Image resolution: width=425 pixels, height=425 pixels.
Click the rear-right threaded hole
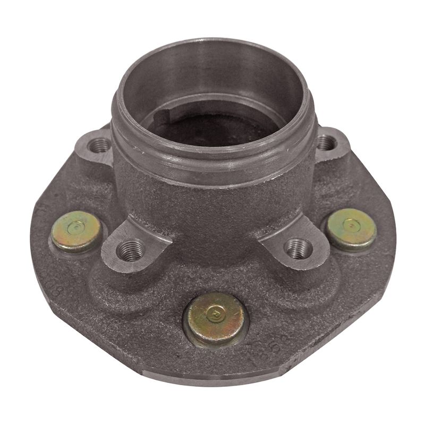pos(327,142)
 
